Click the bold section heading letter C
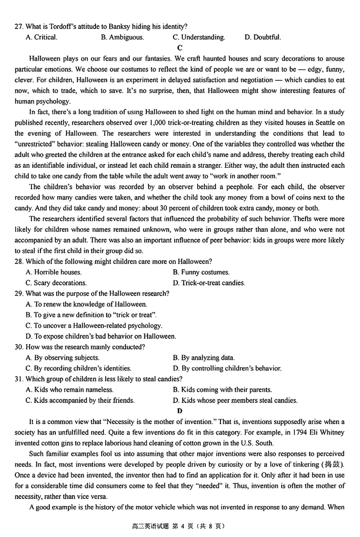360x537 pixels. [180, 48]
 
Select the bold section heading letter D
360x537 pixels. [180, 411]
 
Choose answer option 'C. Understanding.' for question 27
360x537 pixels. [199, 37]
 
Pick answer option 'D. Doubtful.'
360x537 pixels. [263, 37]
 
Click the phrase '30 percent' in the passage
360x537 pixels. [144, 208]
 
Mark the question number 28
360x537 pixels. [19, 261]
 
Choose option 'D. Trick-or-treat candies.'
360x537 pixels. [209, 283]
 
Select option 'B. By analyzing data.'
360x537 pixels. [203, 358]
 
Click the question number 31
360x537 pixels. [19, 379]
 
